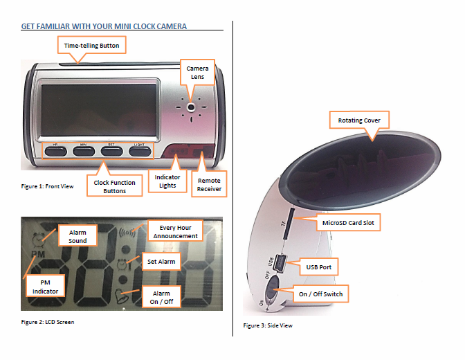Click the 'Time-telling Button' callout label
(92, 46)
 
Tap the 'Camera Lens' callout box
(198, 73)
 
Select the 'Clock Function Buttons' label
(110, 186)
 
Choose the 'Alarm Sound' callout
(77, 236)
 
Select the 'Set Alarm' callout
(161, 262)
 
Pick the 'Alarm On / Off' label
(161, 298)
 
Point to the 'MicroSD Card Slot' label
(348, 223)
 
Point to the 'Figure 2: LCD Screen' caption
(47, 322)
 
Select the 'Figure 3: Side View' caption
(268, 325)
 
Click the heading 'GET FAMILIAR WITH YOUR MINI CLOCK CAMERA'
(104, 26)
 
